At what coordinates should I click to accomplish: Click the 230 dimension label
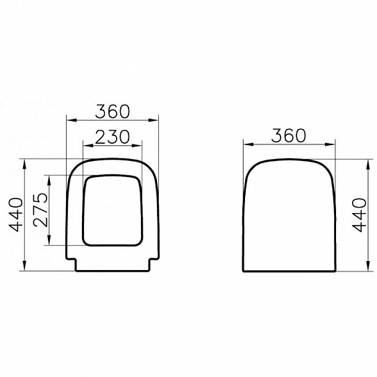coord(112,137)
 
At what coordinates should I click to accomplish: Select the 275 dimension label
coord(40,209)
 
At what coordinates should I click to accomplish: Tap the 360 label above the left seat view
coord(112,110)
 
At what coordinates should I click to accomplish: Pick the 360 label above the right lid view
coord(287,135)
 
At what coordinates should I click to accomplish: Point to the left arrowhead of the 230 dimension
coord(85,146)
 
